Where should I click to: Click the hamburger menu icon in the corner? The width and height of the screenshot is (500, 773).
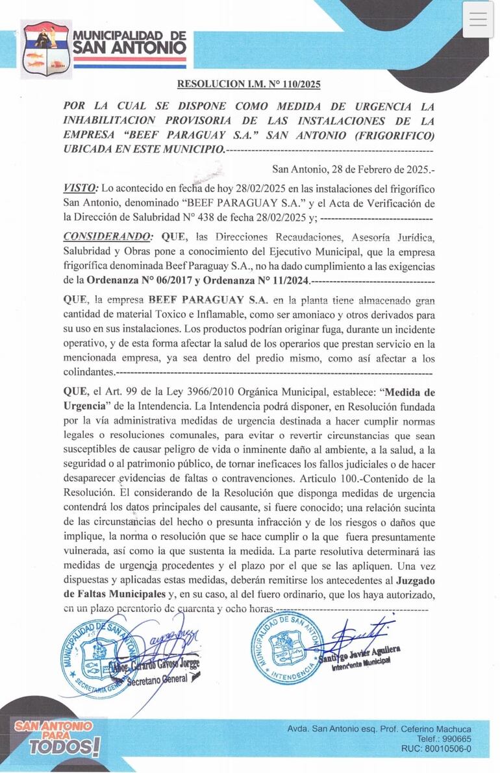pos(478,19)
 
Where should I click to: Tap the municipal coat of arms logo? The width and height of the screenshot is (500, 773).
pos(46,49)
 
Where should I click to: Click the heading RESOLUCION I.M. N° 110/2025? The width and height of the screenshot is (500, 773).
pos(249,84)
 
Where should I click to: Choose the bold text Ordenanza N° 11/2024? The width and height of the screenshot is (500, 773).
pos(257,282)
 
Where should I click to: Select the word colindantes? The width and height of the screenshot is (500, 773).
pos(88,373)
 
